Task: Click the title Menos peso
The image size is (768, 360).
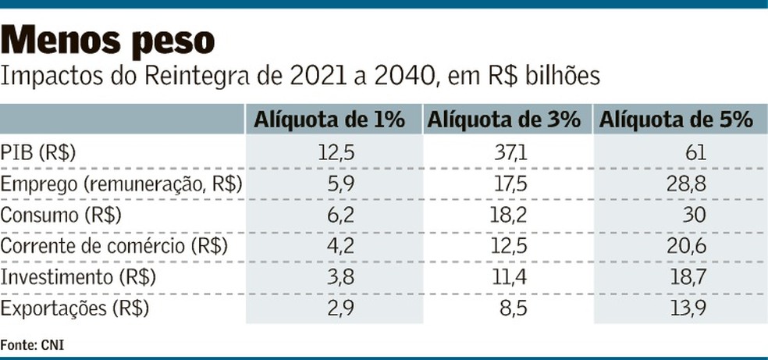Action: tap(109, 39)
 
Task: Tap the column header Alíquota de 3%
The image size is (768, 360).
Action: tap(503, 119)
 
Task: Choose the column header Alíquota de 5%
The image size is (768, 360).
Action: tap(675, 119)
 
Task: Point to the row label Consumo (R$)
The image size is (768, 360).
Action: tap(62, 215)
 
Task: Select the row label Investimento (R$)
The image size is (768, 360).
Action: tap(78, 277)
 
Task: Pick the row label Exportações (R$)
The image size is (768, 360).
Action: tap(75, 308)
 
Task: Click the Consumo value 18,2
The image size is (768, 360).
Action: tap(510, 215)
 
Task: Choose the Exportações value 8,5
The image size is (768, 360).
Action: tap(514, 308)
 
